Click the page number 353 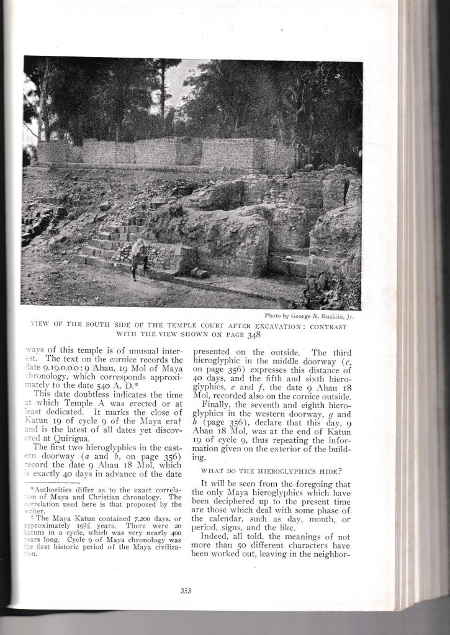point(186,590)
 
